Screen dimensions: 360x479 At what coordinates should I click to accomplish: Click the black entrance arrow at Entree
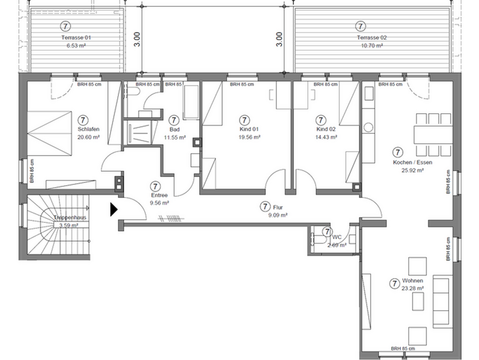(x=114, y=209)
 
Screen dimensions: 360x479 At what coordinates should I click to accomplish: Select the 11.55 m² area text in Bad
(x=175, y=138)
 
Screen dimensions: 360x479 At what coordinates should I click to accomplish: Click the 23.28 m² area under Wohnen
(x=412, y=289)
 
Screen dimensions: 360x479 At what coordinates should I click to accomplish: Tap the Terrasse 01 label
(x=76, y=37)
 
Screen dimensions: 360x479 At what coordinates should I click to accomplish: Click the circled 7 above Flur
(x=265, y=207)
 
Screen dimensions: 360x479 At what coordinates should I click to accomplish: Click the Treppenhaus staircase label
(x=69, y=219)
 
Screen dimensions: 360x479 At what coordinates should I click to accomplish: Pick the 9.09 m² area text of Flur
(x=277, y=215)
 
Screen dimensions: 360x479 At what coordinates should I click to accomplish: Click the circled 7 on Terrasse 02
(x=360, y=26)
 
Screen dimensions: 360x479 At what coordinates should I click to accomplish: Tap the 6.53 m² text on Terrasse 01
(x=77, y=45)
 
